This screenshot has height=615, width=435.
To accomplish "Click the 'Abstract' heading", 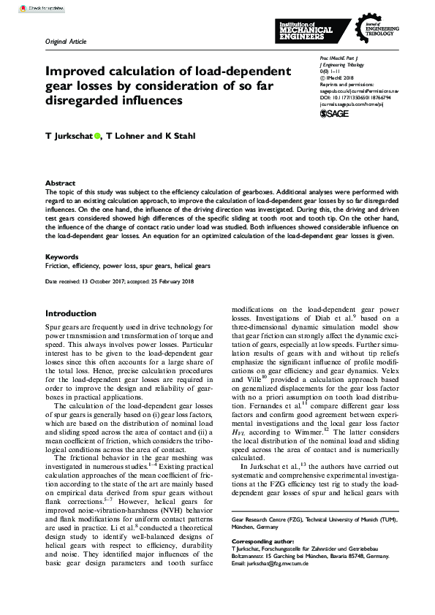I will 60,183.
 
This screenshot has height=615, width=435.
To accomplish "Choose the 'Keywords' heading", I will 61,257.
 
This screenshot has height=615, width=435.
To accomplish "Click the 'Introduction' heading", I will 71,313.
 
